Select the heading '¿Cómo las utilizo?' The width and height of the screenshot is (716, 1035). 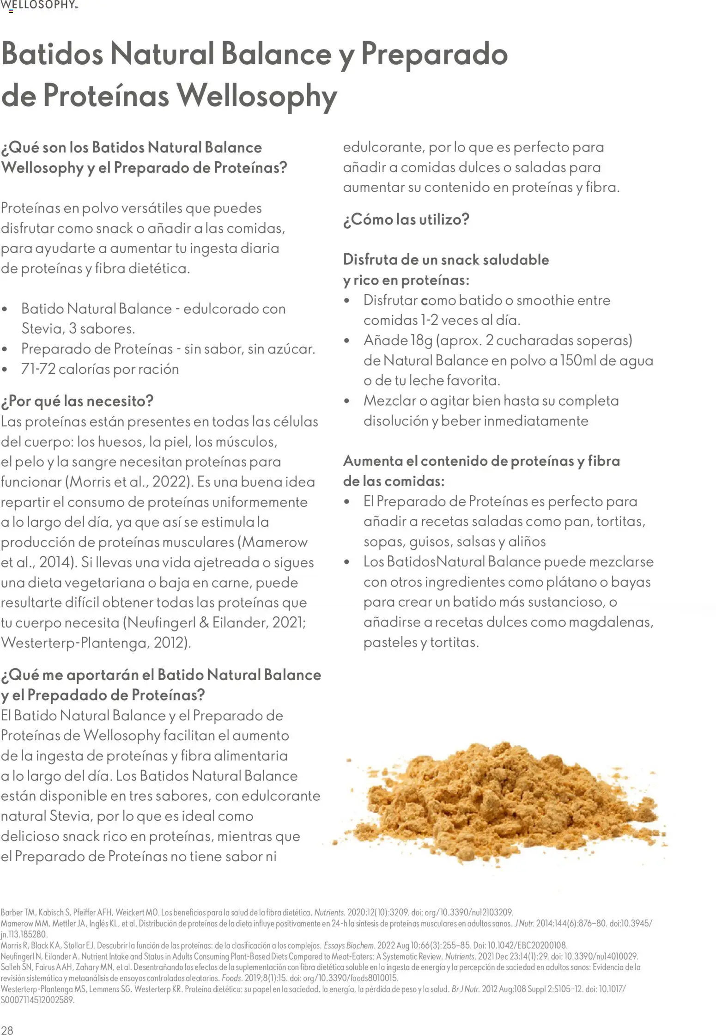406,219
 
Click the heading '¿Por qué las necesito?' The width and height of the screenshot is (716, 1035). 77,401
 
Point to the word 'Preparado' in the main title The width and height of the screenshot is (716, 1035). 434,55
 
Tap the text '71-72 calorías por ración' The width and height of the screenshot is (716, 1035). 100,369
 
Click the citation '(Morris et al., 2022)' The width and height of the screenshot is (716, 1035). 129,482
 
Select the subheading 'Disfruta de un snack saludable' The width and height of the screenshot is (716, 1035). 446,260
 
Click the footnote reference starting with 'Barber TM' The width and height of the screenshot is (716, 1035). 256,913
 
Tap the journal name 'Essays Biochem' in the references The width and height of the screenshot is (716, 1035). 349,945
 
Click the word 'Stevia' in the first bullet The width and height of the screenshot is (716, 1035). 43,329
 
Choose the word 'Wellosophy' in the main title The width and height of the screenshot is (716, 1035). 257,96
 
